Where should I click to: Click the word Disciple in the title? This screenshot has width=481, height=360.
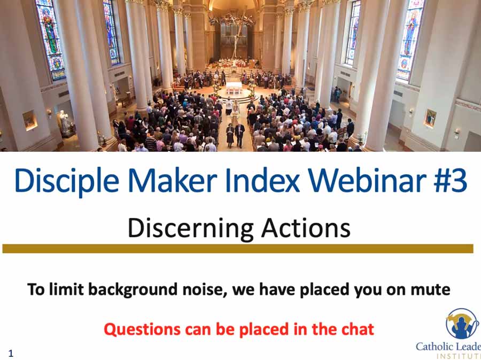click(x=67, y=181)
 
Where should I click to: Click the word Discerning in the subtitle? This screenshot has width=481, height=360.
click(x=190, y=229)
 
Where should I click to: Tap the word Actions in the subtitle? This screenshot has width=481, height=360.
click(x=306, y=228)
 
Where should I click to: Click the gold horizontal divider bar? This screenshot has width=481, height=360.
click(x=238, y=249)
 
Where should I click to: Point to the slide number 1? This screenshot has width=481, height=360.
click(x=11, y=353)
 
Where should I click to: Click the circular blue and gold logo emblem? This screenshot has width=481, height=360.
click(x=462, y=324)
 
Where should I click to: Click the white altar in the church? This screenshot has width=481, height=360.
click(x=234, y=88)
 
